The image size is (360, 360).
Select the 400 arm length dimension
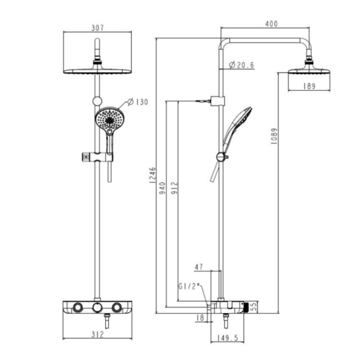271,24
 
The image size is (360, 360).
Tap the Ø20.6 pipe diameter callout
242,65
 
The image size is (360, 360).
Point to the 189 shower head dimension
309,86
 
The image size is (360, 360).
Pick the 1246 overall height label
152,175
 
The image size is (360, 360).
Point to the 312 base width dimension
97,334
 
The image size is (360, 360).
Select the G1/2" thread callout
190,287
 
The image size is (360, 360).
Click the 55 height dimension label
253,306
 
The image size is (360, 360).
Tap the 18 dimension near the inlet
200,318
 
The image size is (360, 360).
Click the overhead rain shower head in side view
309,70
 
